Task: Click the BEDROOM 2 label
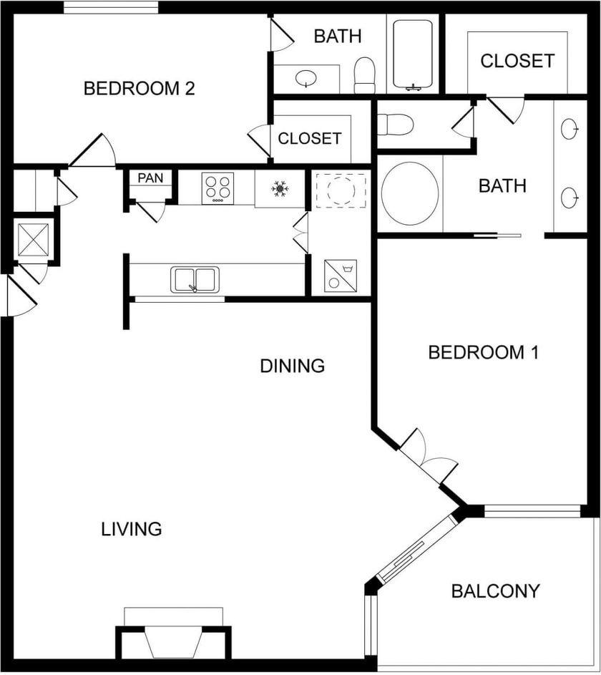point(139,88)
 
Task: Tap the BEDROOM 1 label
point(483,352)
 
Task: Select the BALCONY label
point(495,591)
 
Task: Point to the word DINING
point(293,366)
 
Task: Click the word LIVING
point(131,529)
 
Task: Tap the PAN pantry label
point(150,178)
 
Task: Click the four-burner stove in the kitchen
point(218,188)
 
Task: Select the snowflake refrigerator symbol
point(280,189)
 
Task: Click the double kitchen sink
point(195,279)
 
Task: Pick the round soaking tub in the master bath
point(410,193)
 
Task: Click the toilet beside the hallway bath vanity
point(364,75)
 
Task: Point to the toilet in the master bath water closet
point(395,125)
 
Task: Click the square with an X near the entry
point(34,239)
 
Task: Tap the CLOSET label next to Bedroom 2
point(310,138)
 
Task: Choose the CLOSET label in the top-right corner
point(517,61)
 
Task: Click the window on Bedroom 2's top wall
point(111,7)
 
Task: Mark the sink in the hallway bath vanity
point(306,78)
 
